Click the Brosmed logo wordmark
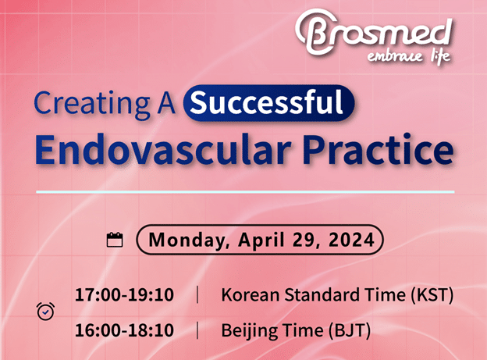374,33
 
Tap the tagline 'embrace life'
409,57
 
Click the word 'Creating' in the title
92,104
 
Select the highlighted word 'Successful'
266,102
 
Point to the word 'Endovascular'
163,149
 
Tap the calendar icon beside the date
115,240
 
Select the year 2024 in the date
351,240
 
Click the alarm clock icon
45,311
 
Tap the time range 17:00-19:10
124,294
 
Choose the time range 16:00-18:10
124,330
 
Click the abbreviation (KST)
432,294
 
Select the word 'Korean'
251,294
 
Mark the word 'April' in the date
261,241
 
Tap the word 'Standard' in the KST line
322,294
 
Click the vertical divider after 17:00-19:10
197,294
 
